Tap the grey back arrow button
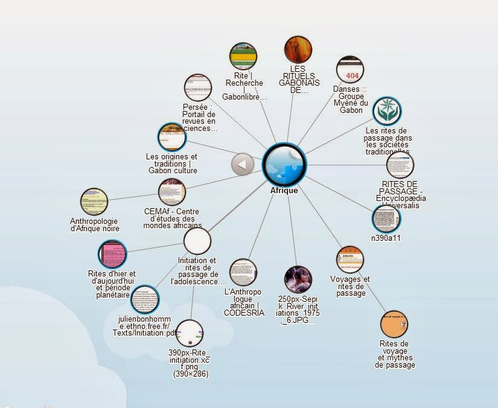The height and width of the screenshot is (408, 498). pos(243,164)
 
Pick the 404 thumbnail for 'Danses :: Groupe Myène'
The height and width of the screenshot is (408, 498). pos(350,70)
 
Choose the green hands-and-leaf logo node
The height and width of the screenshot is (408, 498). pos(386,112)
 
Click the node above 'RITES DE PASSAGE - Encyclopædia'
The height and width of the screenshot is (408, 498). pos(400,165)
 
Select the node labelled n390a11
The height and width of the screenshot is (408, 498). pos(386,218)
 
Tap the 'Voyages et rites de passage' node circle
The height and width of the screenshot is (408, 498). pos(350,260)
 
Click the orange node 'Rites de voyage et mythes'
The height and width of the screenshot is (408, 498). pos(395,325)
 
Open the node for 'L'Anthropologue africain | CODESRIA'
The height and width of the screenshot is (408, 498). pos(243,273)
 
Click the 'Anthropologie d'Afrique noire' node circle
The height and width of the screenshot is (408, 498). pos(94,202)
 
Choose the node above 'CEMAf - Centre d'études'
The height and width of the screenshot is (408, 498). pos(172,192)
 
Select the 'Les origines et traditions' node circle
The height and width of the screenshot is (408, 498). pos(171,137)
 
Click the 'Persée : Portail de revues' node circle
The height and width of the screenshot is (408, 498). pos(198,88)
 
